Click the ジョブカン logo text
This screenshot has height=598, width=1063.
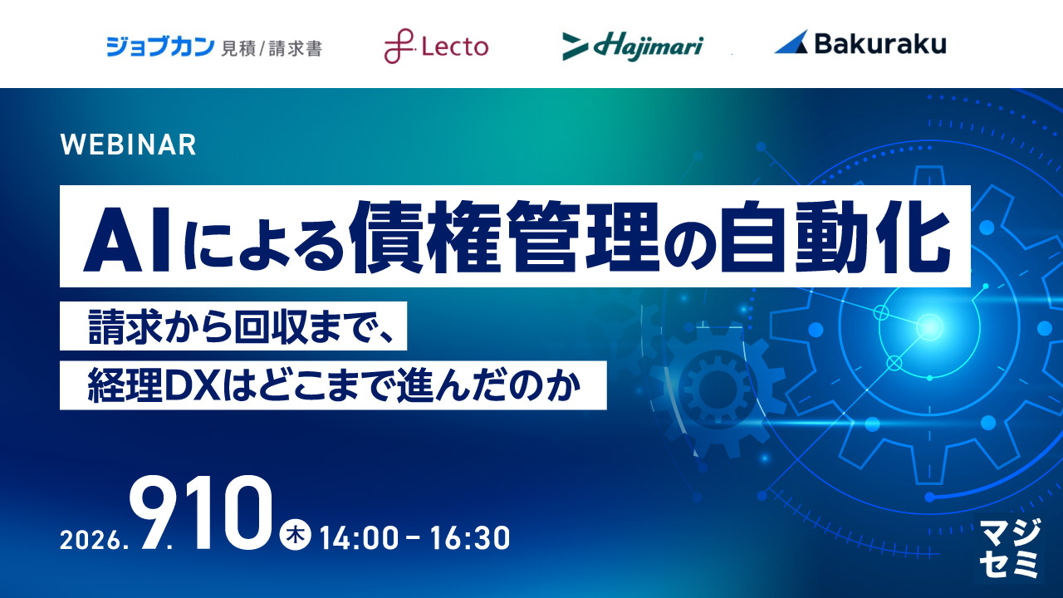pos(160,47)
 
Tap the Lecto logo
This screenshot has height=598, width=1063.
pos(436,46)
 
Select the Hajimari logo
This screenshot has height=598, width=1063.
pos(633,47)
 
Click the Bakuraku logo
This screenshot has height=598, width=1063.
pos(860,44)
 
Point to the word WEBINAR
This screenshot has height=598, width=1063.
pos(128,145)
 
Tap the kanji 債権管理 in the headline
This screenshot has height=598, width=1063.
pos(505,237)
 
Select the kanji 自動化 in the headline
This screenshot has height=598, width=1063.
pos(835,237)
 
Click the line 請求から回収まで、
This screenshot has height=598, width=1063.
pos(241,326)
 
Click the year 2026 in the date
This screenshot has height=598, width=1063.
pos(91,540)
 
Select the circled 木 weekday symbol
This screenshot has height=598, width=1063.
pos(295,536)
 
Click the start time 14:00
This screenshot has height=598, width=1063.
pos(360,538)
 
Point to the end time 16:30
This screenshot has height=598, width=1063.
pos(470,538)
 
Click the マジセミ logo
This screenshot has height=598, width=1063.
pos(1010,547)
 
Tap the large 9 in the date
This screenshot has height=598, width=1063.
pos(152,512)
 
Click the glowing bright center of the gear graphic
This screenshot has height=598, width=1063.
pos(929,327)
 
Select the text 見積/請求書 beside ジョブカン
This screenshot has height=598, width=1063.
pos(272,48)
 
